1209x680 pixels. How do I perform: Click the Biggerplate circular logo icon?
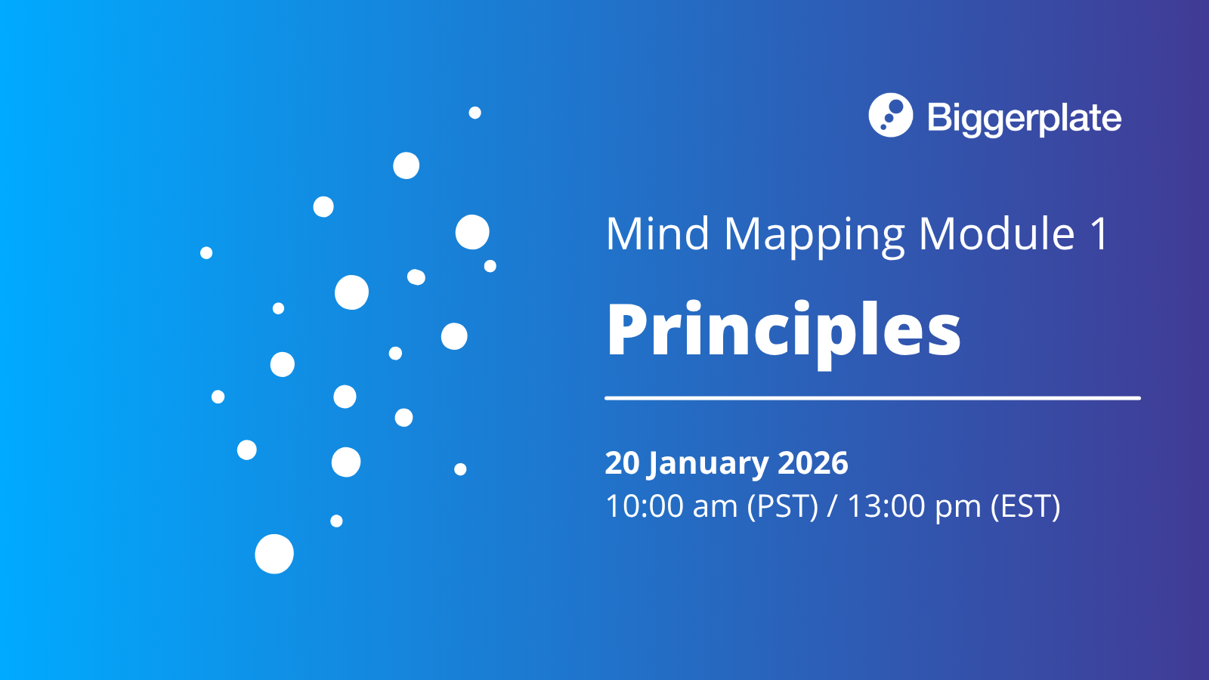890,116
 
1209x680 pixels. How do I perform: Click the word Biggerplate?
1024,119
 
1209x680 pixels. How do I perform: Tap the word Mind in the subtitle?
657,233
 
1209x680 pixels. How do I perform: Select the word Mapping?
814,236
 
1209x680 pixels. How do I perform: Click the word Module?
996,233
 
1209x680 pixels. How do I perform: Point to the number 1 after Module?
1099,233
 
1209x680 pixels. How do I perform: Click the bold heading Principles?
783,330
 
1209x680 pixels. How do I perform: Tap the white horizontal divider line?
872,397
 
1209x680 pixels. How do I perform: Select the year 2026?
812,463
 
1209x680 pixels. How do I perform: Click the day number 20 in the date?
622,463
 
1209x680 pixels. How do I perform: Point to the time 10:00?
644,506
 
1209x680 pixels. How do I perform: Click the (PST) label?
782,506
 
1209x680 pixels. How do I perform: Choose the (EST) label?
1025,506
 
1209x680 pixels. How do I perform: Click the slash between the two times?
832,506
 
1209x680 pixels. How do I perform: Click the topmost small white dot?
475,113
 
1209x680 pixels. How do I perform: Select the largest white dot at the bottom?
274,554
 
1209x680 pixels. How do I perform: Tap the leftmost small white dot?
206,252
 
